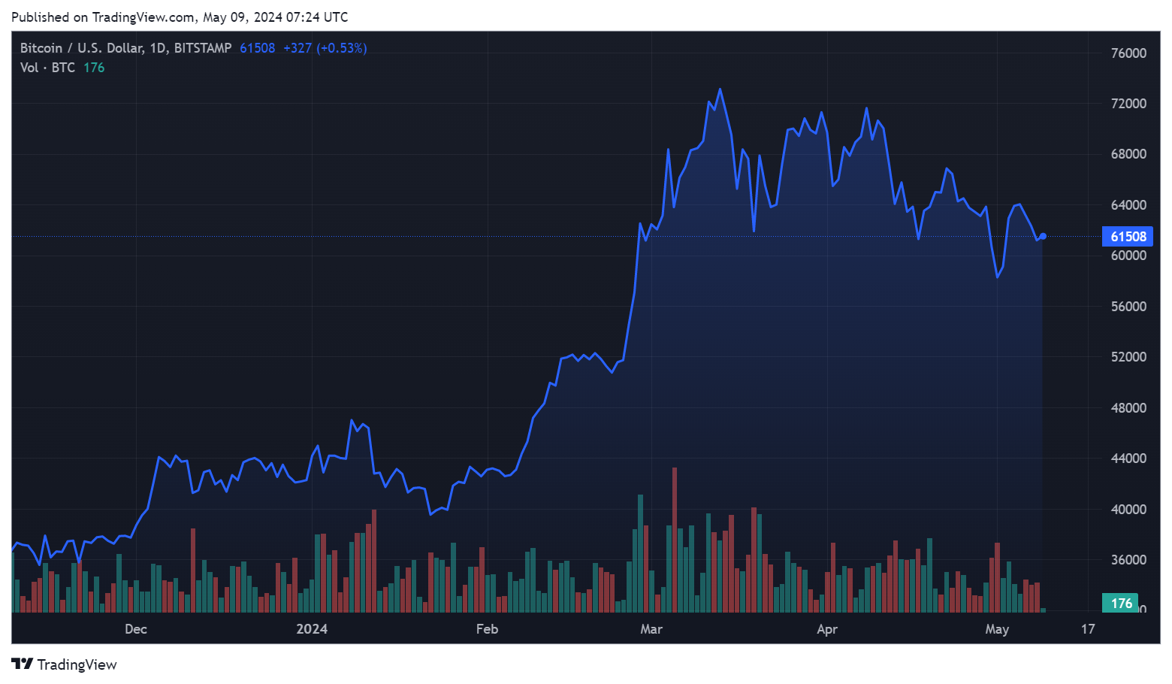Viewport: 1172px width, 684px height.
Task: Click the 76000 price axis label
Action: [1128, 53]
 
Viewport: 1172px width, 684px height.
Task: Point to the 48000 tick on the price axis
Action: [1128, 408]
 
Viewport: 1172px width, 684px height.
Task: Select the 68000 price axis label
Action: [1128, 154]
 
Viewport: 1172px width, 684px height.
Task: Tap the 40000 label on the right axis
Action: [1128, 510]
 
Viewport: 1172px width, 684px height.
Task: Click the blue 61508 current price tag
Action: [1128, 237]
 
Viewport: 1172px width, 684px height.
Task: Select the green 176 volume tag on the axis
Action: [1121, 604]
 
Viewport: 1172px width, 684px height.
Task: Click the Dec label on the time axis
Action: [136, 629]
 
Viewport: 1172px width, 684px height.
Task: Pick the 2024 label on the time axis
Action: [312, 629]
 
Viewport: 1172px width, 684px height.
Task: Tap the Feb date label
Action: [487, 629]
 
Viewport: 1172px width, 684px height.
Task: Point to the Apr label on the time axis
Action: [826, 629]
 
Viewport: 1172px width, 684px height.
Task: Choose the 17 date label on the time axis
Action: [1088, 629]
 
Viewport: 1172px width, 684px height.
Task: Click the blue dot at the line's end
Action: [1043, 237]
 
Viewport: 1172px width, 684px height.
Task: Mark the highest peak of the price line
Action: [720, 89]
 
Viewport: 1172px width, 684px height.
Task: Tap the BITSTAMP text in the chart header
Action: [203, 48]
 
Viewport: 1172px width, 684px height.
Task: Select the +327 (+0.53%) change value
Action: [325, 48]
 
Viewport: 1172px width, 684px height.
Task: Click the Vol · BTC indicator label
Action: [47, 68]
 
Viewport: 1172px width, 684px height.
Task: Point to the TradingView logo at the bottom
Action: [64, 664]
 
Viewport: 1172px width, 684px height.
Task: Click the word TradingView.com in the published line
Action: [143, 17]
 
